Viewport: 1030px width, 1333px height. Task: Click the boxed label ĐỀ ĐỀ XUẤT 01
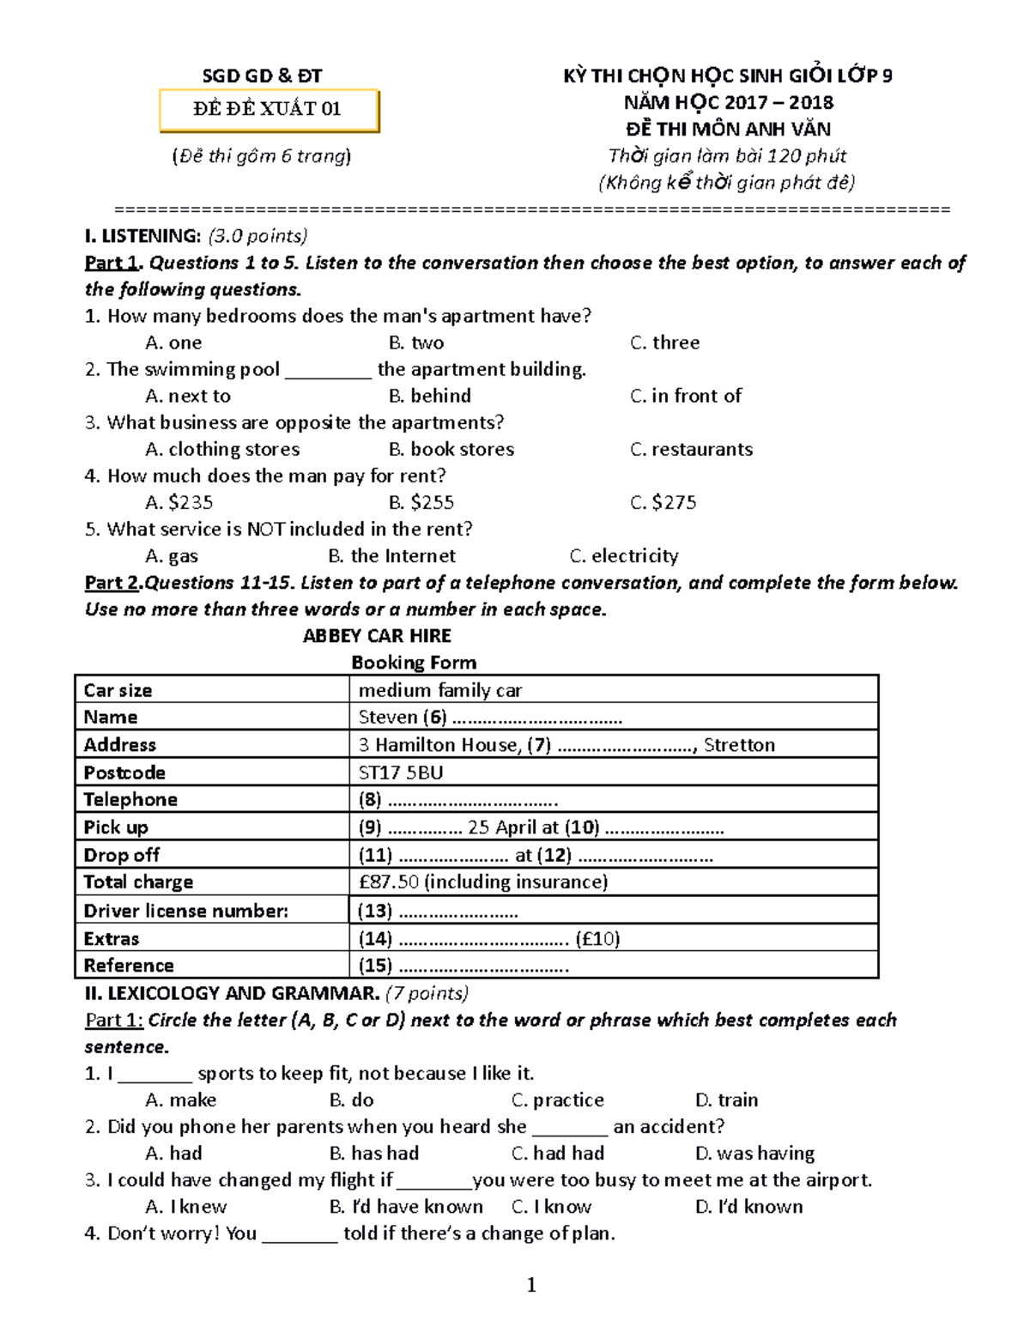click(268, 109)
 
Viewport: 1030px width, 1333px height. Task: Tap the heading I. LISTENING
click(142, 236)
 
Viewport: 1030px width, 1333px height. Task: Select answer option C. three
click(665, 342)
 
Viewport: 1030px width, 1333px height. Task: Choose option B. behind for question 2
click(430, 396)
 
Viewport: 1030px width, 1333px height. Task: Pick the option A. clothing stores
click(222, 449)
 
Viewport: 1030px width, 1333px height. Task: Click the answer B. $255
click(421, 502)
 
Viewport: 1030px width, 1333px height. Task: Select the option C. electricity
click(624, 555)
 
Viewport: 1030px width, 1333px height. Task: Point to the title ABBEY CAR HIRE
click(377, 636)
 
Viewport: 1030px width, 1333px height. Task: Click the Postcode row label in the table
click(124, 773)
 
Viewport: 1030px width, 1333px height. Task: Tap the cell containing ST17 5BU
click(401, 773)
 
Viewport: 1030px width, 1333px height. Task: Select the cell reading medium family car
click(440, 690)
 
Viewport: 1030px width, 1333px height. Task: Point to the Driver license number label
click(186, 911)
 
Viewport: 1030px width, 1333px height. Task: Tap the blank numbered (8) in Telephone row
click(458, 800)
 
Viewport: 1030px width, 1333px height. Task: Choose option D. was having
click(754, 1153)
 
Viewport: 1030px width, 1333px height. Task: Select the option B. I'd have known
click(406, 1206)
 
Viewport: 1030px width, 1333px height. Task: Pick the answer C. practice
click(558, 1100)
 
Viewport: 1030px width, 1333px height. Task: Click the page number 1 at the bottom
click(531, 1285)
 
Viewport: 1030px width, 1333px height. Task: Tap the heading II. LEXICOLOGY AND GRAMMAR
click(232, 993)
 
